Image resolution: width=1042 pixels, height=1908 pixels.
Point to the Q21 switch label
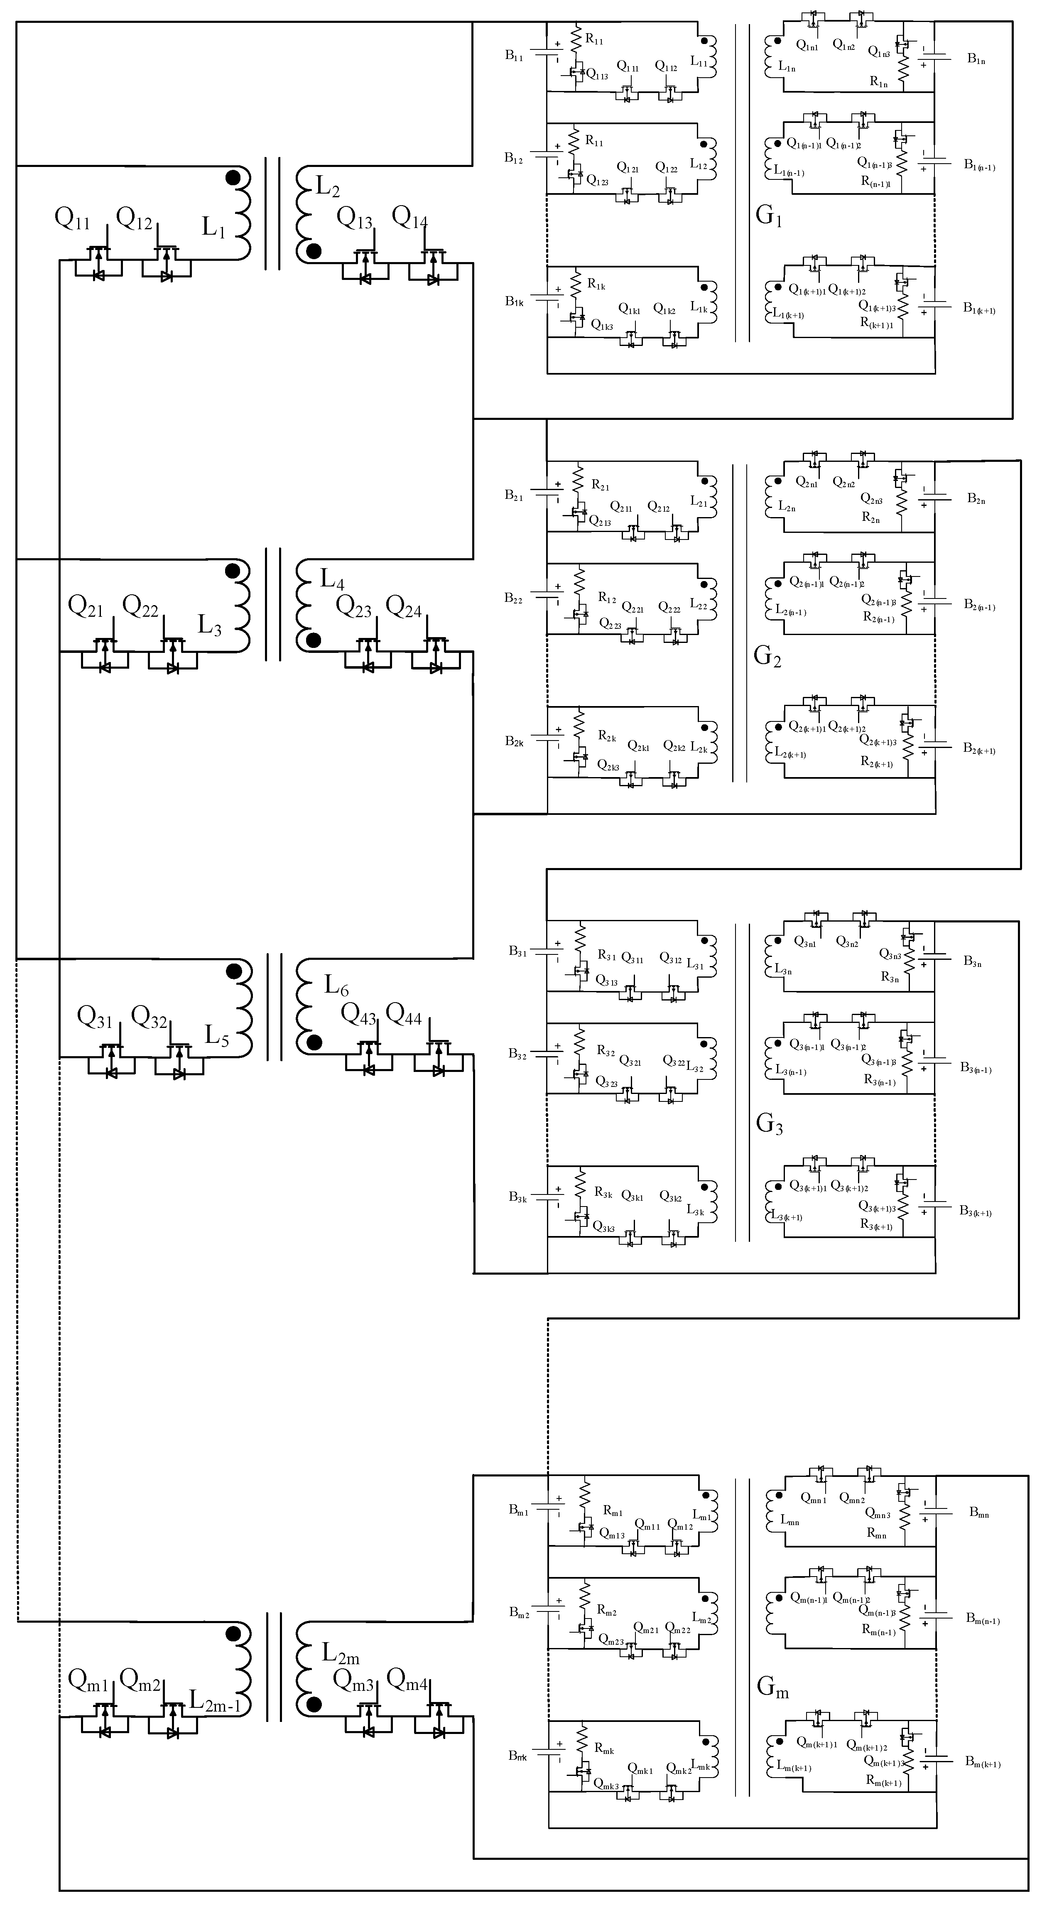[x=85, y=607]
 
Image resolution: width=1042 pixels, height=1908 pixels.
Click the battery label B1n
[x=976, y=59]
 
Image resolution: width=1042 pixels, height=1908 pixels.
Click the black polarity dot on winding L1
[x=233, y=178]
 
